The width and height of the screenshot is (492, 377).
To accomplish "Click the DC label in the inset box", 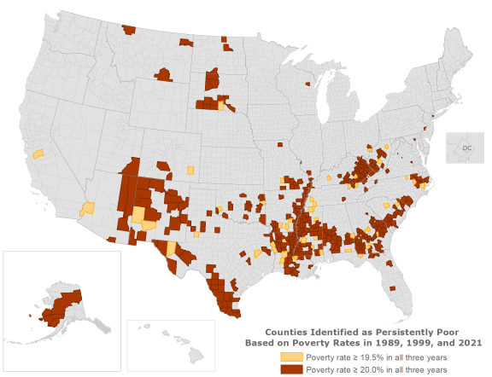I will pyautogui.click(x=467, y=148).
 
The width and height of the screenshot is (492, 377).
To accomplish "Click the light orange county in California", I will pyautogui.click(x=38, y=154).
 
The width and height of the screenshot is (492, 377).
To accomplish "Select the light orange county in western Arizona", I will pyautogui.click(x=87, y=209).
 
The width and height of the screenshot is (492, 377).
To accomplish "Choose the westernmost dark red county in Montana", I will pyautogui.click(x=129, y=30).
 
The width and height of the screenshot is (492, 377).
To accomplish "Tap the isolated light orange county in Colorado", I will pyautogui.click(x=190, y=170).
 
